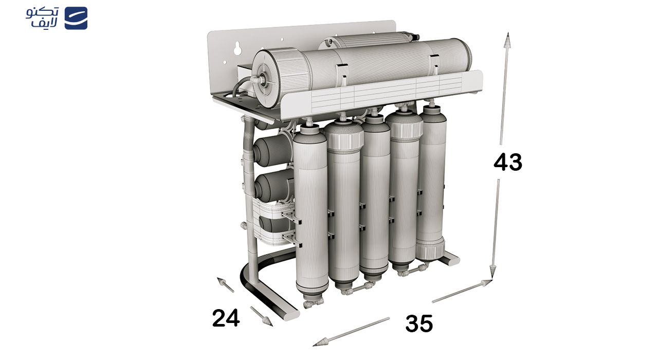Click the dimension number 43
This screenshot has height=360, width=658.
tap(507, 162)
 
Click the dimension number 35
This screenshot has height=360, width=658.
tap(419, 323)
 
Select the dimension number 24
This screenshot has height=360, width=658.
tap(226, 318)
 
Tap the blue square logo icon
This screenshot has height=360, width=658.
tap(76, 18)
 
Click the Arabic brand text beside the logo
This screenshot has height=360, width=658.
tap(42, 17)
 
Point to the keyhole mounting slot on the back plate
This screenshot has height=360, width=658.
tap(237, 49)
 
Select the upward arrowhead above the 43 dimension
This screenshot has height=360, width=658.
tap(507, 40)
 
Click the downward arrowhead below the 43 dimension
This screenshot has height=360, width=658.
tap(492, 271)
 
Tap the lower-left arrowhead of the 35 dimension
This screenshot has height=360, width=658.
tap(320, 343)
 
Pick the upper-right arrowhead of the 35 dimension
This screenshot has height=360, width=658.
tap(486, 283)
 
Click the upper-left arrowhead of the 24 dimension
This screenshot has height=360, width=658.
tap(222, 281)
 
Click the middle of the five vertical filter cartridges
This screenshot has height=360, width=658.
tap(375, 197)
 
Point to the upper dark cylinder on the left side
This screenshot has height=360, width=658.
tap(272, 151)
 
